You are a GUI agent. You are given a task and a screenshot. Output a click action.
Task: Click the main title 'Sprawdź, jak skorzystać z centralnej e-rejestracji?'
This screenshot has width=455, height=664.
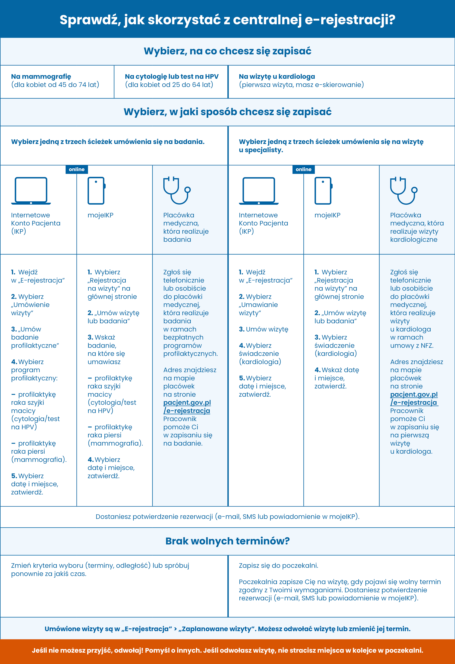coord(227,20)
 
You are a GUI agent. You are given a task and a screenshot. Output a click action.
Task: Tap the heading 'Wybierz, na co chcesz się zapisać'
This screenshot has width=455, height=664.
coord(227,51)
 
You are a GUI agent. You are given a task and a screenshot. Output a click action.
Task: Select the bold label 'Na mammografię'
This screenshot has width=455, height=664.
coord(41,77)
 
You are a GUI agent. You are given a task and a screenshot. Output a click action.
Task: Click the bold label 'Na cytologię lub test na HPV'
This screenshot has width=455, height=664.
coord(172,77)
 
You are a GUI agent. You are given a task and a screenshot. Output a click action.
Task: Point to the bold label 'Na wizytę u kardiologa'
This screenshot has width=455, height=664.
coord(277,77)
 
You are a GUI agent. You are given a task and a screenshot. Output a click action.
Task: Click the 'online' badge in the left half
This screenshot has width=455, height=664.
coord(77,169)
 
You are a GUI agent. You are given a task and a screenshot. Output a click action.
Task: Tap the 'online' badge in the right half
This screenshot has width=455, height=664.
coord(303,169)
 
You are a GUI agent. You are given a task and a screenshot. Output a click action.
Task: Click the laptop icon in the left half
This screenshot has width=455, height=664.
coord(31,191)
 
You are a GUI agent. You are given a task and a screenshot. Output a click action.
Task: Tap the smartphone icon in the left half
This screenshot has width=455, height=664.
coord(96,191)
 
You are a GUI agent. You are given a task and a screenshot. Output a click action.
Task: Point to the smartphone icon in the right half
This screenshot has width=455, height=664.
coord(323,191)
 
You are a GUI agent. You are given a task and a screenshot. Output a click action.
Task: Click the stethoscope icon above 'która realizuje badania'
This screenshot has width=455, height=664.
coord(177,191)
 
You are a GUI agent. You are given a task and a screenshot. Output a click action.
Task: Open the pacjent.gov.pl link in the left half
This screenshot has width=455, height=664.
coord(187,403)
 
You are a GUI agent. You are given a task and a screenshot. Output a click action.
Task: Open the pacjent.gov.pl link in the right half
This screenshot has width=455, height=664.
coord(414,395)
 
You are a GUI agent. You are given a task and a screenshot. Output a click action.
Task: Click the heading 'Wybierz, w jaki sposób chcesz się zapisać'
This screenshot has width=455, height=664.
coord(227,112)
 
